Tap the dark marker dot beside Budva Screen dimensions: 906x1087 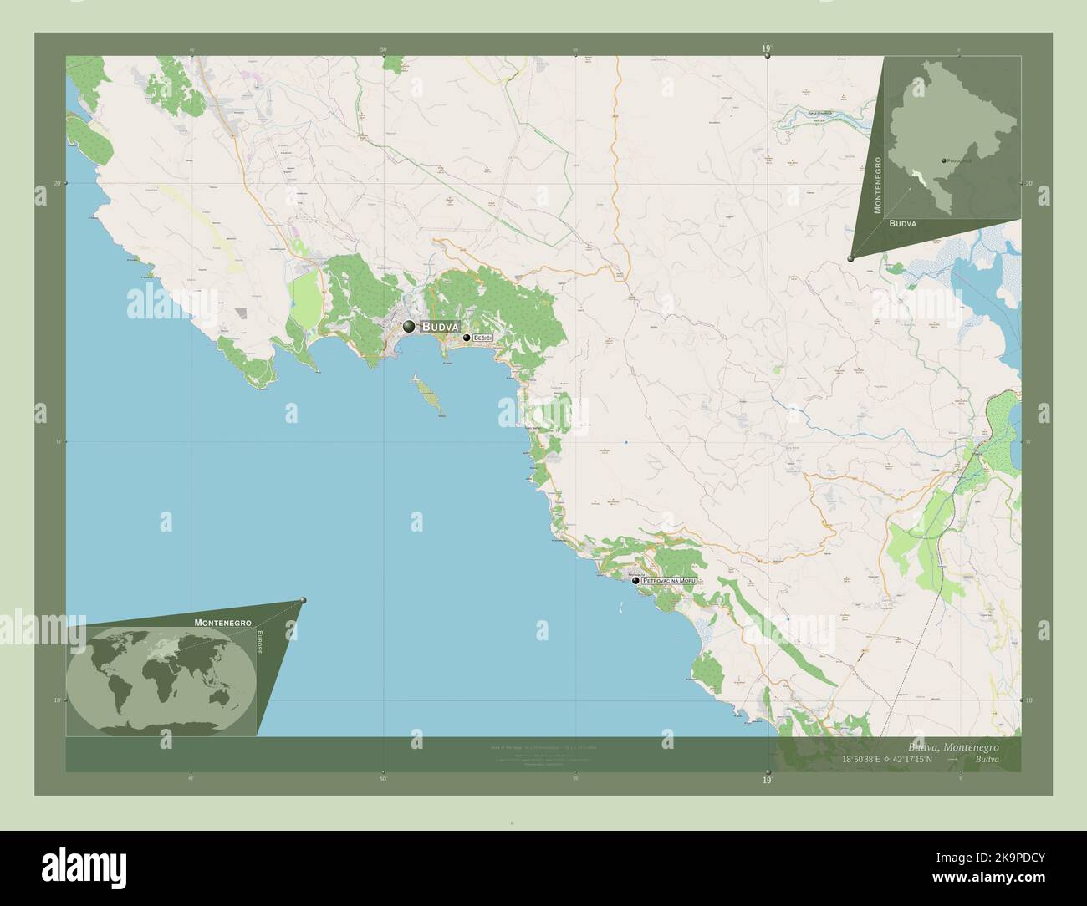(x=409, y=326)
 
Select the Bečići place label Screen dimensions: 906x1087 (x=483, y=338)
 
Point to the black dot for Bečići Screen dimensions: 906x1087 (x=467, y=338)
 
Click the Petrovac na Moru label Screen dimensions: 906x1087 (x=668, y=580)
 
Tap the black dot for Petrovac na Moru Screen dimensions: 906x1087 (x=636, y=580)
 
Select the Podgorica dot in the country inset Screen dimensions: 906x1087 (x=942, y=160)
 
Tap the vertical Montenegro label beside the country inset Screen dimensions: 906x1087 (x=877, y=184)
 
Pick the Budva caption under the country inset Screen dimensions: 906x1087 (x=902, y=224)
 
